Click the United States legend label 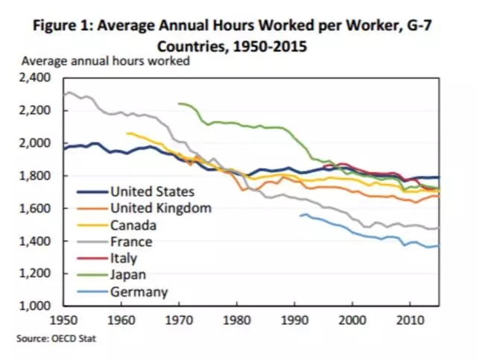tap(152, 192)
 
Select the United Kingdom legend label tap(160, 208)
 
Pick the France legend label tap(131, 241)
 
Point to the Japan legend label tap(128, 275)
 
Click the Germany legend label tap(139, 292)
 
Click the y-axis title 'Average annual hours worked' tap(106, 61)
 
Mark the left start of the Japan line tap(180, 104)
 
